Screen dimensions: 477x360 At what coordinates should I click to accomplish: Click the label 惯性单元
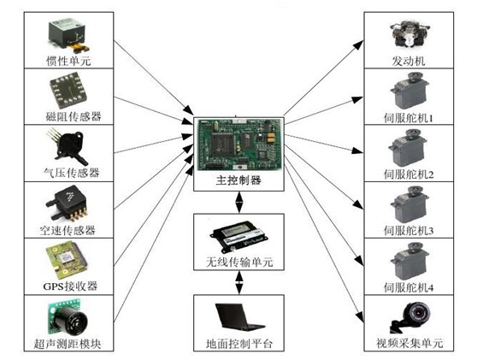68,61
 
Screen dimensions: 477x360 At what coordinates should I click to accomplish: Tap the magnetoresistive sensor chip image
68,91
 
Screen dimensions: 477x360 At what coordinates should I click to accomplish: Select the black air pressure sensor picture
67,146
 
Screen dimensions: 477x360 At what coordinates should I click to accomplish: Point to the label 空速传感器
68,230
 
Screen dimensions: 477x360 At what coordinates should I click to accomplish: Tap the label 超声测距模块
68,344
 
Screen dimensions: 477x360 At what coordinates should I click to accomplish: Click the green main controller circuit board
239,145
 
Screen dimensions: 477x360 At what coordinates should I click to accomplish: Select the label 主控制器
238,180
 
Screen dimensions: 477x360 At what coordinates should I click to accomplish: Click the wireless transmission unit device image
238,237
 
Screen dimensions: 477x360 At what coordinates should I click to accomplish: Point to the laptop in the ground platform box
239,316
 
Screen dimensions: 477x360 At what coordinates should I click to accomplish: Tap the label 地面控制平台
238,344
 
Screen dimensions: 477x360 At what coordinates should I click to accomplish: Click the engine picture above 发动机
409,34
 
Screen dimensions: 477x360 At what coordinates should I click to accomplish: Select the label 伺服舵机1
409,118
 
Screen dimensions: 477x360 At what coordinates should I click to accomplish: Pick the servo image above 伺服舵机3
409,204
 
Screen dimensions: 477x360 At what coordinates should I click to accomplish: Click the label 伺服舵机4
409,287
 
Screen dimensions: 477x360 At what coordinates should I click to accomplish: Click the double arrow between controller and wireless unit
239,203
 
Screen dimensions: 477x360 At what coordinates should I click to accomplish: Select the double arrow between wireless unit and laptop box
239,282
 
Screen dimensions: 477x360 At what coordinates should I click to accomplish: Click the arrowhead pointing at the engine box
358,44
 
